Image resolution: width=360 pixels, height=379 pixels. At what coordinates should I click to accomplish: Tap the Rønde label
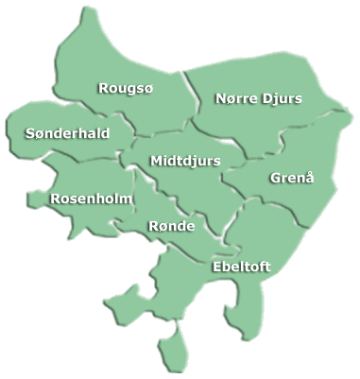(172, 227)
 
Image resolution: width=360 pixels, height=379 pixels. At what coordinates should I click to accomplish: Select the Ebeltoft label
(242, 267)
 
